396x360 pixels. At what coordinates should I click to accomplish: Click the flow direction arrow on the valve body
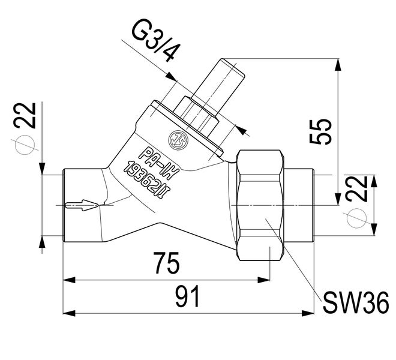pyautogui.click(x=79, y=205)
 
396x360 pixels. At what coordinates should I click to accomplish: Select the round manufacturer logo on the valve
pyautogui.click(x=178, y=136)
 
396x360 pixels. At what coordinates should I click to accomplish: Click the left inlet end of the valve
pyautogui.click(x=67, y=205)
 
